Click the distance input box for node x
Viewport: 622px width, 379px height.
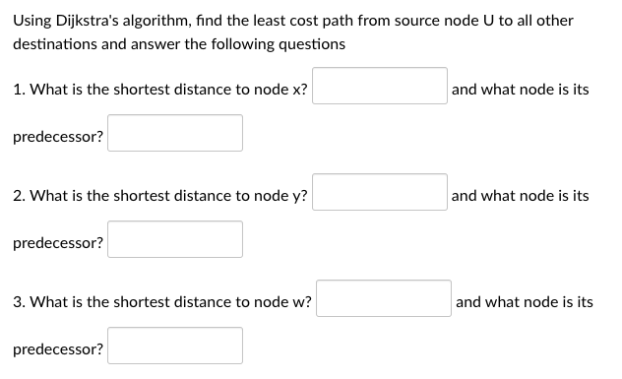380,89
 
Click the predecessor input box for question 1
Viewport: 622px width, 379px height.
175,134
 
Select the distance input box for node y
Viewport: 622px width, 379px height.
380,194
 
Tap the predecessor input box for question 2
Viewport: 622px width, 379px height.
175,240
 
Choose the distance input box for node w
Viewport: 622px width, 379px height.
384,300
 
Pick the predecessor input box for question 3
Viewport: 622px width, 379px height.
175,347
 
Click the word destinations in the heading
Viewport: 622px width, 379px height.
55,44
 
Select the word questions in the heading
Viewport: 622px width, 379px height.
313,44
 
